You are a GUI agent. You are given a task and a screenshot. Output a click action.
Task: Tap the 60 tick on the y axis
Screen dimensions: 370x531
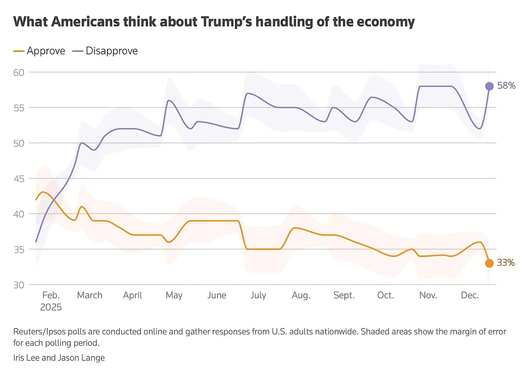19,72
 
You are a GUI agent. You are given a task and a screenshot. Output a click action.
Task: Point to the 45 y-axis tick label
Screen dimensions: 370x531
19,179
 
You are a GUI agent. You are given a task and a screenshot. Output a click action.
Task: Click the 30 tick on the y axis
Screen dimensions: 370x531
19,285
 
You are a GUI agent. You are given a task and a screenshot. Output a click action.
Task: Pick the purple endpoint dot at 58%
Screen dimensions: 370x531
489,86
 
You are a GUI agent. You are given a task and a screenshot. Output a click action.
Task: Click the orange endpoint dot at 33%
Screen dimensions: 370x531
489,263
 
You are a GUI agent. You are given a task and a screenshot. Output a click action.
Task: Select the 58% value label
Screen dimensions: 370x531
506,86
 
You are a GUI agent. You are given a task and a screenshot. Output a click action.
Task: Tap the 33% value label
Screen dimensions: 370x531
506,263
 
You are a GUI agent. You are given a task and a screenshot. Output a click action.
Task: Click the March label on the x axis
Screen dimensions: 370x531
90,295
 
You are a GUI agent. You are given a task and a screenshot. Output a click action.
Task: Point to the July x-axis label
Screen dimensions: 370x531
258,295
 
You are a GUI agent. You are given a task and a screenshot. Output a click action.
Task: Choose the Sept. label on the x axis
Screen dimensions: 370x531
344,295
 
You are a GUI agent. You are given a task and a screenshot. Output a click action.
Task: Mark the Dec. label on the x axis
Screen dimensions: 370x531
470,295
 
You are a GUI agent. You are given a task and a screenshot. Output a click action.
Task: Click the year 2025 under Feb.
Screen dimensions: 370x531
51,307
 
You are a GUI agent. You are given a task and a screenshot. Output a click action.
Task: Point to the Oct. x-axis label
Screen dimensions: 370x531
385,295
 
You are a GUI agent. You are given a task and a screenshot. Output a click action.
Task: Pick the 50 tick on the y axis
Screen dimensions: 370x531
19,143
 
